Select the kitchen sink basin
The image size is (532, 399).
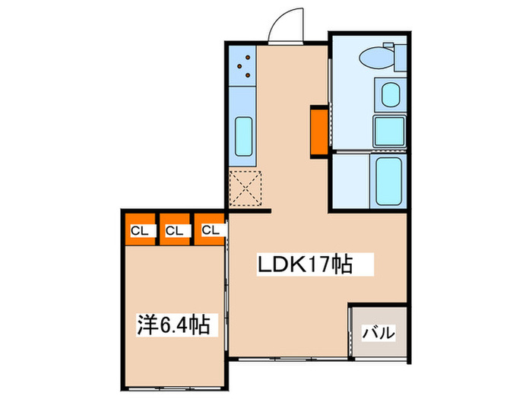click(244, 135)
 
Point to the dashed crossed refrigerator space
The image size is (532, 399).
click(246, 188)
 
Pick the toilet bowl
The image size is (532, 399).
click(374, 58)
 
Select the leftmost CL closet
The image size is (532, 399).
click(138, 230)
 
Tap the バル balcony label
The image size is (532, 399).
click(378, 332)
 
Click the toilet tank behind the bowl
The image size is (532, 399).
click(394, 56)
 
